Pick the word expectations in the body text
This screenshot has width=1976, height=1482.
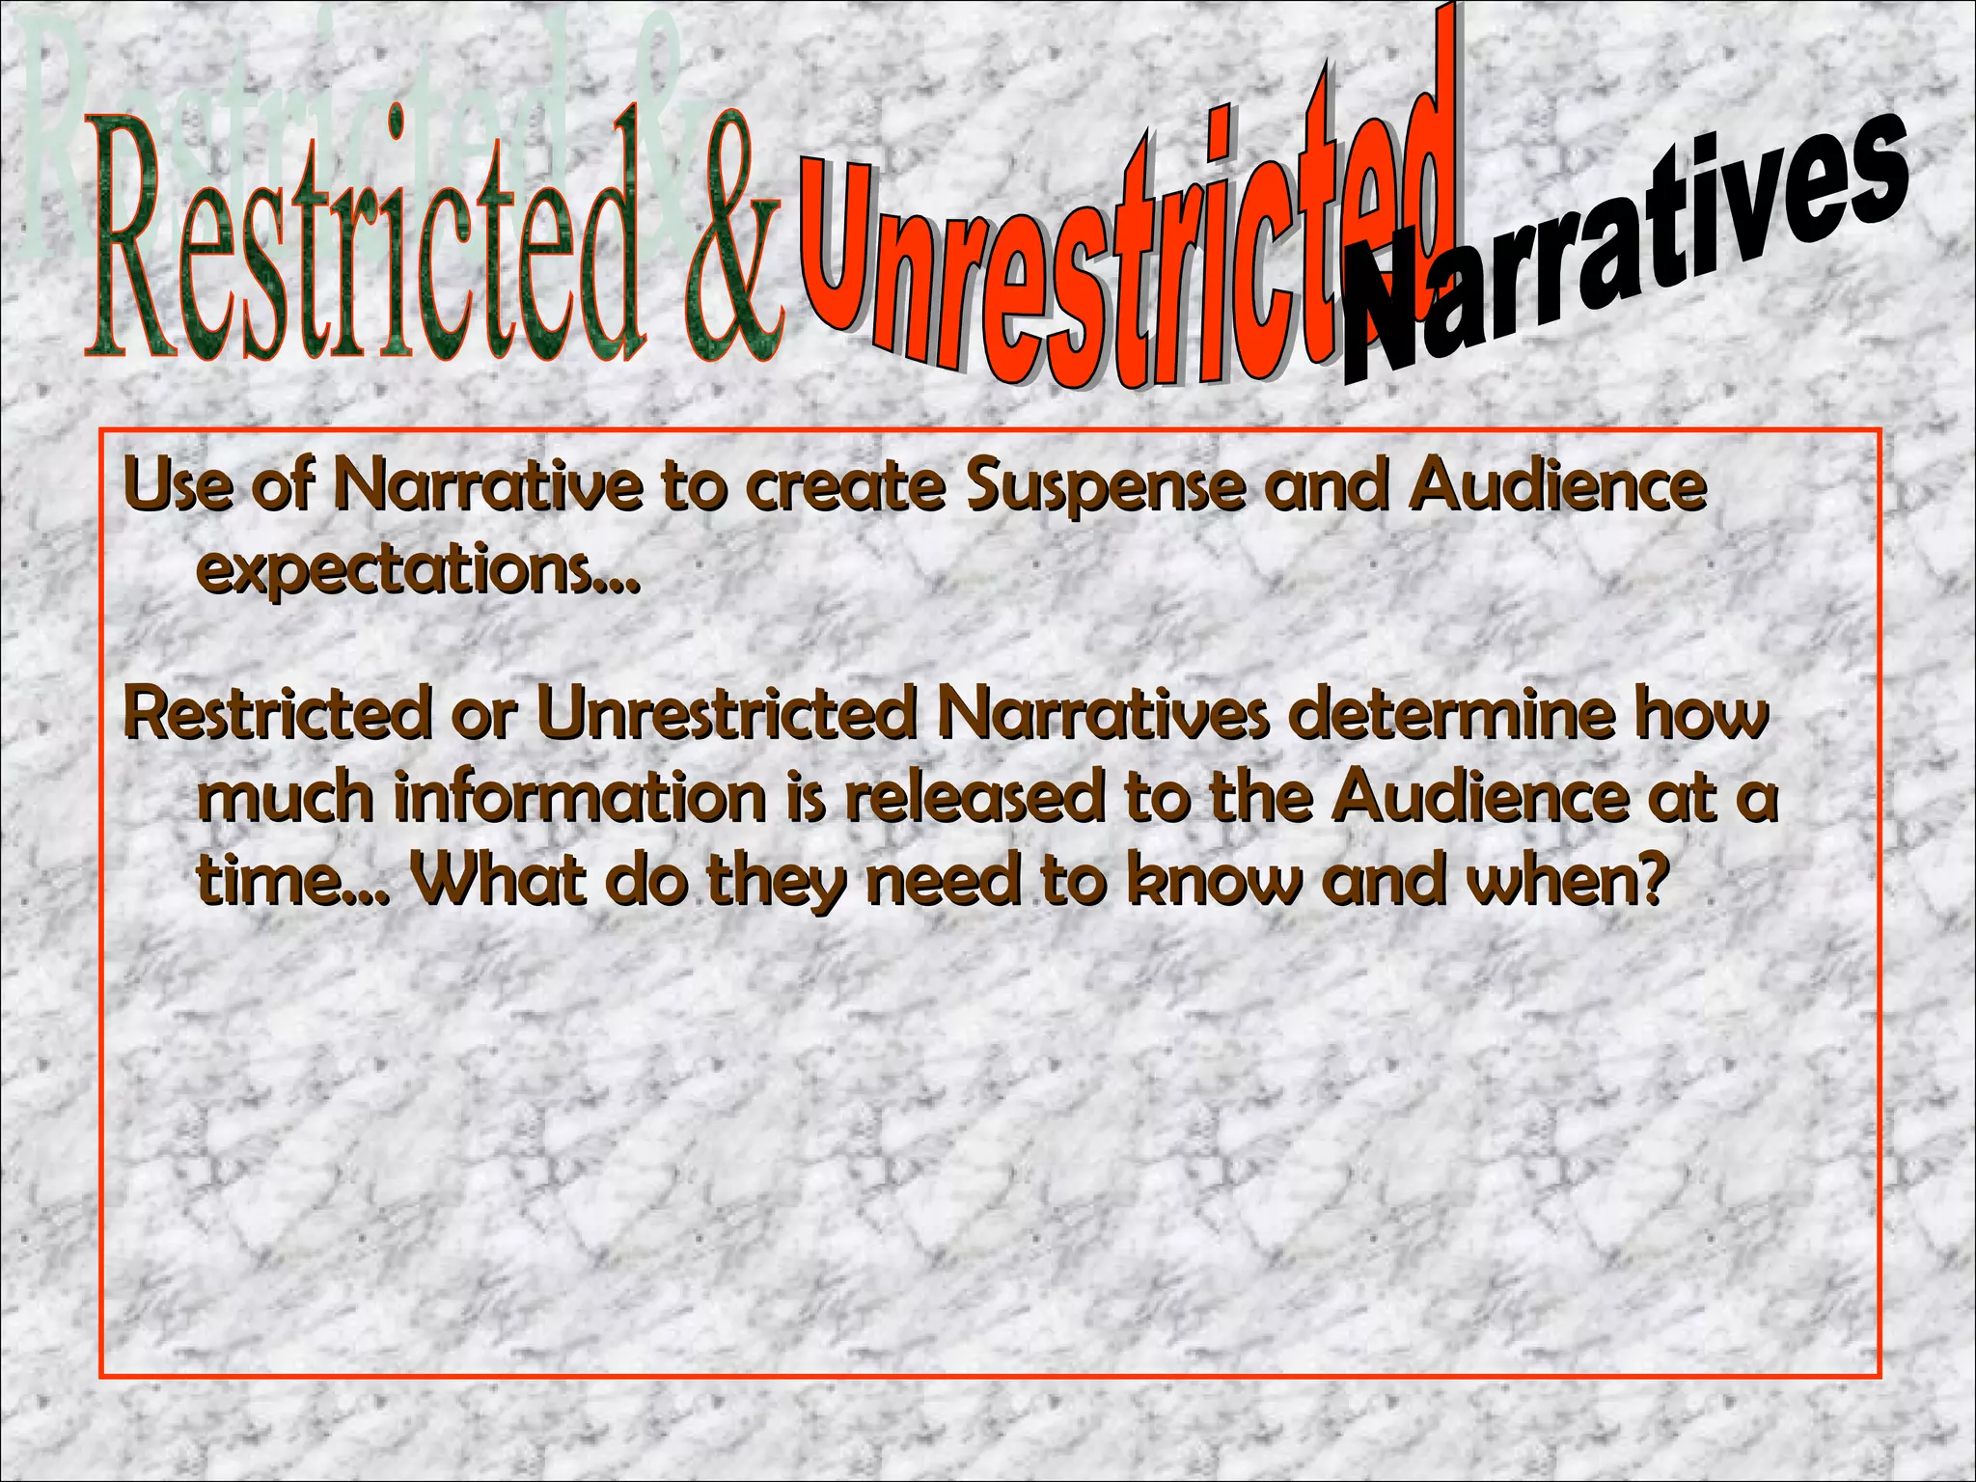coord(417,571)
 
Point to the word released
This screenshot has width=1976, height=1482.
coord(974,799)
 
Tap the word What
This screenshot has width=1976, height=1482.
coord(498,881)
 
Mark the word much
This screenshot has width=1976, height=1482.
coord(285,799)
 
